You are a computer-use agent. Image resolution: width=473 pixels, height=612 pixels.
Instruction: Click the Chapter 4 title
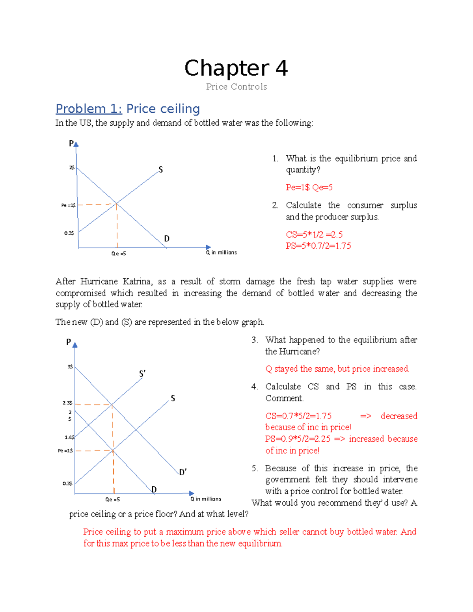[x=236, y=68]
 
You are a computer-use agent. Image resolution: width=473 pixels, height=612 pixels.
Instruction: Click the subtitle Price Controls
[x=236, y=87]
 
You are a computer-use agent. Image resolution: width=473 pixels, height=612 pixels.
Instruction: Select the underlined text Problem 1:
[x=89, y=109]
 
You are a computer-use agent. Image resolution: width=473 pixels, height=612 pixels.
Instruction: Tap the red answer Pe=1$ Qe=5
[x=309, y=188]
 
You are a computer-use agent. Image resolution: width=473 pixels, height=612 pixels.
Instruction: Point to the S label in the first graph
[x=160, y=170]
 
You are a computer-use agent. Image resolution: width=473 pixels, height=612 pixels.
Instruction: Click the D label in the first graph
[x=167, y=238]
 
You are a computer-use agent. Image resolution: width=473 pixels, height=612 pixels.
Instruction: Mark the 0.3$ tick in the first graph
[x=69, y=233]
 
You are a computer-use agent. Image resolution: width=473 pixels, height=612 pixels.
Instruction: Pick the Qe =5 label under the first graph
[x=118, y=254]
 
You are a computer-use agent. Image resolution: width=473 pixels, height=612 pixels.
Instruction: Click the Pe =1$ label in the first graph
[x=68, y=205]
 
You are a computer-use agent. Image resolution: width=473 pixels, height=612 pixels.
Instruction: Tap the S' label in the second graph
[x=142, y=374]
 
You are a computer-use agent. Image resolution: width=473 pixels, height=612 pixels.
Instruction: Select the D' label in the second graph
[x=183, y=472]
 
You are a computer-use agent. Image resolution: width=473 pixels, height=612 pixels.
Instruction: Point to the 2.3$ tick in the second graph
[x=67, y=403]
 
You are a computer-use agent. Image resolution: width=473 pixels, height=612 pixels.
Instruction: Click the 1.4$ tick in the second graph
[x=69, y=437]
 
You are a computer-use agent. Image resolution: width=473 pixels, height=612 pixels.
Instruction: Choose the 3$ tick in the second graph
[x=70, y=367]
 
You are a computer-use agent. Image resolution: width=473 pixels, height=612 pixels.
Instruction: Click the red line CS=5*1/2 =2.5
[x=314, y=234]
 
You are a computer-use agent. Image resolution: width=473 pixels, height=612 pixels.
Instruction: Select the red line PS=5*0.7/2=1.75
[x=318, y=246]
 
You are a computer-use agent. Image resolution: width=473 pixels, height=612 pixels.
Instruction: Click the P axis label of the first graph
[x=71, y=143]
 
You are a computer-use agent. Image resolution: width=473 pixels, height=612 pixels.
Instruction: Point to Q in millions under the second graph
[x=206, y=499]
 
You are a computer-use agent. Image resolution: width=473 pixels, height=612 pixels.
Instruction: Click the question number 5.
[x=255, y=468]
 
